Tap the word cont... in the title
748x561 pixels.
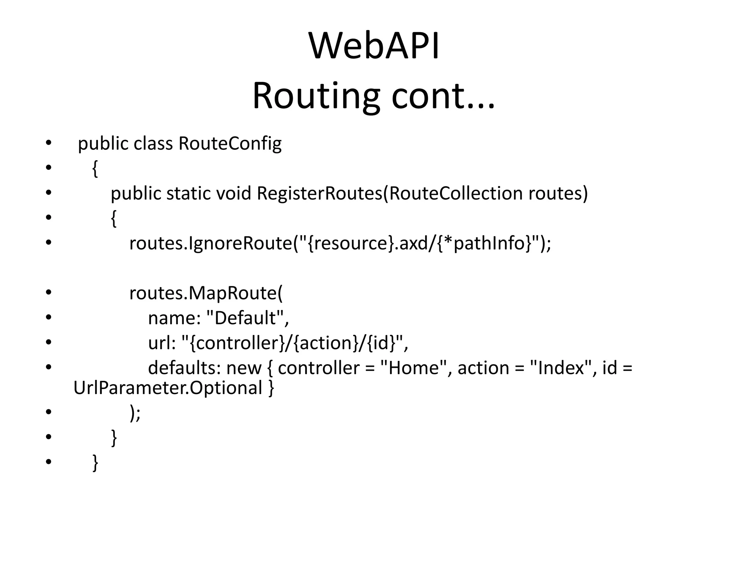point(443,96)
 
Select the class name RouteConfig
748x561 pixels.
point(230,143)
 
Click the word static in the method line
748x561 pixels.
point(188,193)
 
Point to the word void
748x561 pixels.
point(234,193)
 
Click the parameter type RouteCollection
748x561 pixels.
point(455,193)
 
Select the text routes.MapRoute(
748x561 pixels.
point(206,293)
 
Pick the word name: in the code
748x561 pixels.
point(175,318)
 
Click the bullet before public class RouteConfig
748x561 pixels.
point(48,143)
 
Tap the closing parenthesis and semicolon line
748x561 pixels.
point(135,413)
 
